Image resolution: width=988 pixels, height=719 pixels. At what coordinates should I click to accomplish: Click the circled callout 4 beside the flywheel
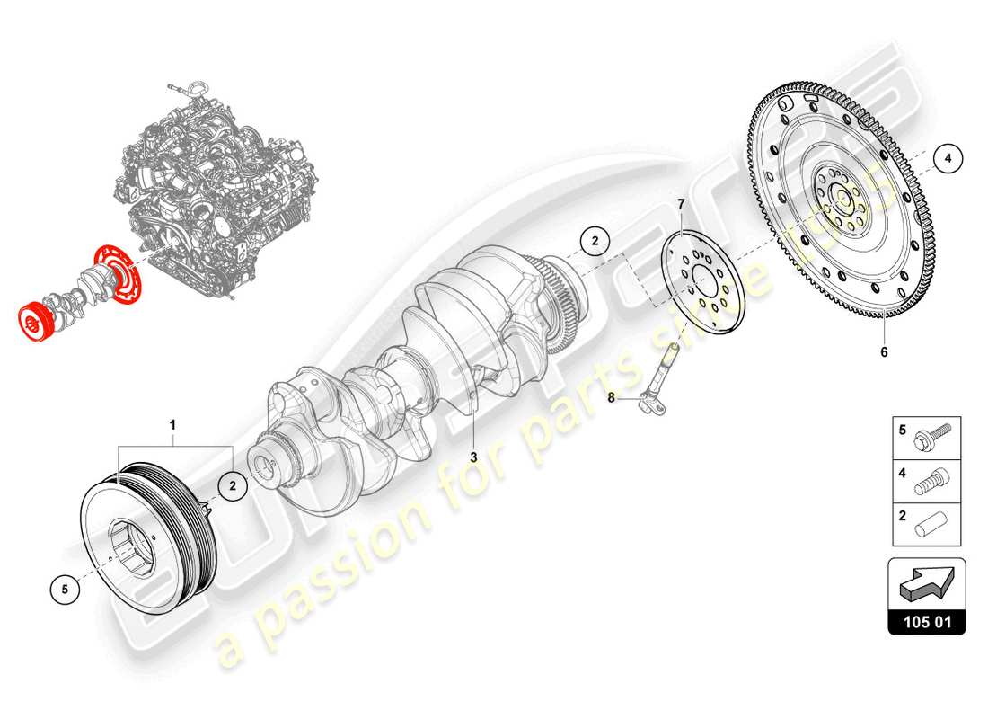click(x=948, y=159)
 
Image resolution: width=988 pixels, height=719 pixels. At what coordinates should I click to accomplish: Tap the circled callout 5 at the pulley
click(x=65, y=590)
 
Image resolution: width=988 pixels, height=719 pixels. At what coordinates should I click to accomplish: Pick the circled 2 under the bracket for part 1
click(x=232, y=486)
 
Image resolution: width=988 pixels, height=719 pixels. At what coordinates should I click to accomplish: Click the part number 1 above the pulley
click(x=174, y=423)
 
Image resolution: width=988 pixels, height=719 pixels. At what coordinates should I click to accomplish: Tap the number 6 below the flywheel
click(x=884, y=352)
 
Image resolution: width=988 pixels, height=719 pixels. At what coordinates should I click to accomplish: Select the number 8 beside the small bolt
click(x=613, y=396)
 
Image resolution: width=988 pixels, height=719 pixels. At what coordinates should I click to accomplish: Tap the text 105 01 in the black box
click(x=927, y=621)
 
